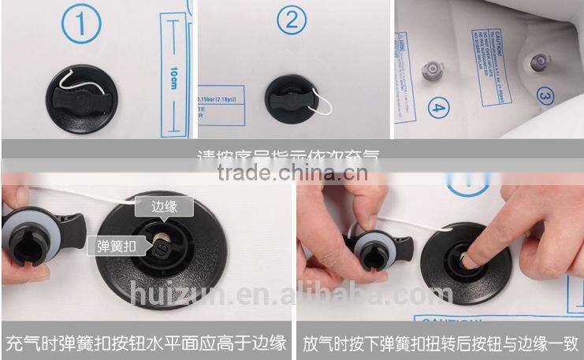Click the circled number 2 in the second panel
(291, 22)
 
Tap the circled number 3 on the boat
(545, 95)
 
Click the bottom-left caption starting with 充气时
(146, 343)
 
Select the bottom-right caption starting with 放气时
(441, 343)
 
